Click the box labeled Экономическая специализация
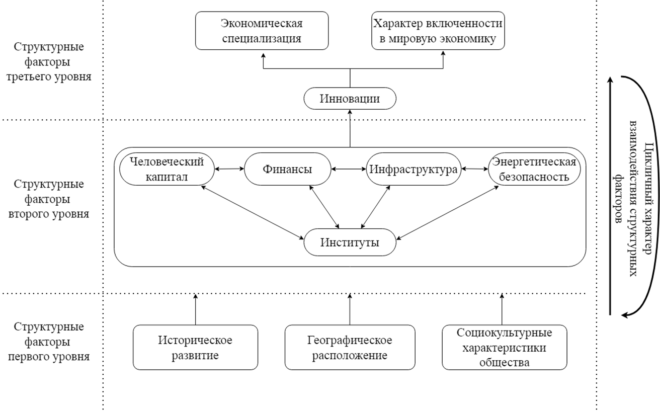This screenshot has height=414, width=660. tap(262, 31)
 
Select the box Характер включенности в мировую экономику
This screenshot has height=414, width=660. tap(438, 31)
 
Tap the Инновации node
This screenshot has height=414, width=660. tap(350, 99)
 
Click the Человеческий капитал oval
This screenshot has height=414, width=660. tap(166, 170)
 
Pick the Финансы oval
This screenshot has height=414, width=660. tap(287, 170)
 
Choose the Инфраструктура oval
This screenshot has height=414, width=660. tap(414, 170)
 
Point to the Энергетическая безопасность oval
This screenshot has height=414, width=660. tap(534, 170)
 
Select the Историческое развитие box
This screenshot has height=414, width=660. tap(195, 348)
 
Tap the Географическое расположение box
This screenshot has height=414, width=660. tap(350, 348)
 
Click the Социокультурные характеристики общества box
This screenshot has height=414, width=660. tap(504, 348)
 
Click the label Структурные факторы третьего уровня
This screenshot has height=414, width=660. tap(49, 62)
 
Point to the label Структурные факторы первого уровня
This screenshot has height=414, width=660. tap(49, 342)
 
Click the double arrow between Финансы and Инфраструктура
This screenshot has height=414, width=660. tap(349, 170)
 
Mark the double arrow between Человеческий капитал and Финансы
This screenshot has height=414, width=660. tap(228, 170)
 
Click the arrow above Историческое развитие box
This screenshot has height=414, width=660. tap(195, 310)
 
